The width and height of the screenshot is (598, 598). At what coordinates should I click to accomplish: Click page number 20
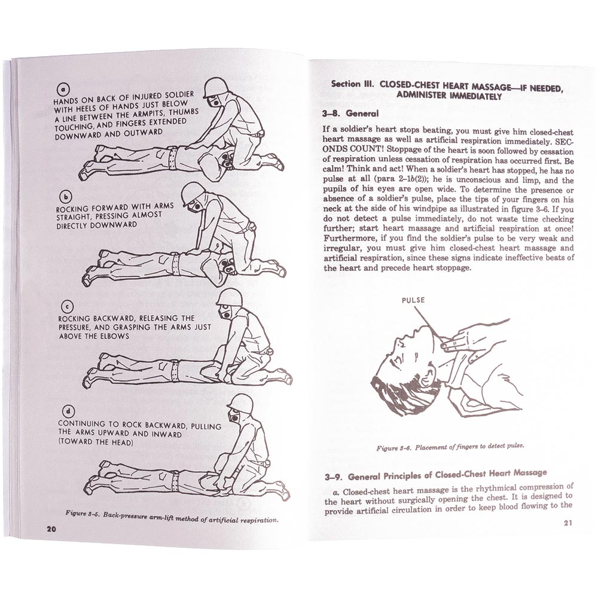pyautogui.click(x=51, y=528)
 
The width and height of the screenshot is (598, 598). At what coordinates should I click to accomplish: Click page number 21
pyautogui.click(x=568, y=524)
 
